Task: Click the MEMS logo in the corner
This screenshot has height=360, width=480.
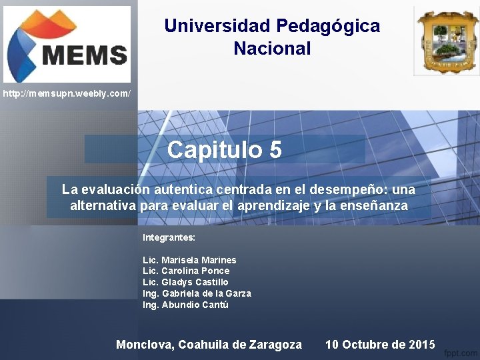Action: [x=67, y=45]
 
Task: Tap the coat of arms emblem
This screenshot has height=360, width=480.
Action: [x=446, y=41]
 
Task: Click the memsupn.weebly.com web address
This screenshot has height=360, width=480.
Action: [x=67, y=94]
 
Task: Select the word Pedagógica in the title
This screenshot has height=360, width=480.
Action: [x=328, y=26]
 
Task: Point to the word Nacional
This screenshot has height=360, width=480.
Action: [x=272, y=49]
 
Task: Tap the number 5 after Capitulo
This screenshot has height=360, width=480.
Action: [x=275, y=150]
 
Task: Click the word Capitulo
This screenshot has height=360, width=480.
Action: [x=215, y=150]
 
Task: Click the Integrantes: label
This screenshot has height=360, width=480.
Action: [x=169, y=237]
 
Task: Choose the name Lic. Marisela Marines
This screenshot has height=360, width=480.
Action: [x=189, y=260]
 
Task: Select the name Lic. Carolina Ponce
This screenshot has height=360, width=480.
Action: [x=186, y=271]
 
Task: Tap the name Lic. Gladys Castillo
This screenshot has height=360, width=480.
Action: [x=185, y=283]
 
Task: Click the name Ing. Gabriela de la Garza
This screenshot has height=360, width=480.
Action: [x=197, y=294]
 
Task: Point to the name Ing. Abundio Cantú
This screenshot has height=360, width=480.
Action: [x=185, y=305]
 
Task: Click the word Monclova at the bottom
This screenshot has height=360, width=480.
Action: [x=145, y=345]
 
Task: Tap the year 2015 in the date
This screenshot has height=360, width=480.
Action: [x=421, y=345]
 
